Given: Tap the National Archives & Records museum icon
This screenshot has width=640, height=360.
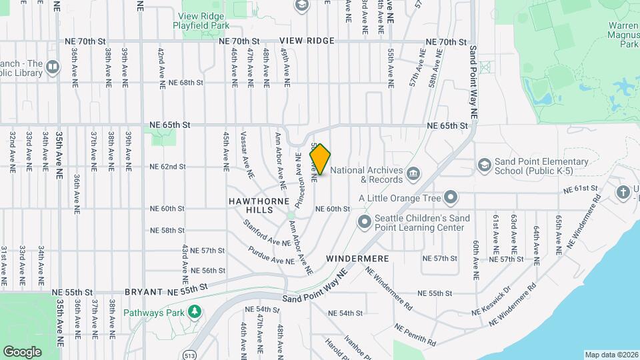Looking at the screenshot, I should click(x=413, y=174).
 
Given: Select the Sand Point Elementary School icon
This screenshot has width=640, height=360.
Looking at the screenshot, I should click(x=484, y=165).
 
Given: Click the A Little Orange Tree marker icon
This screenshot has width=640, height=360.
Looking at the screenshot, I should click(x=451, y=197).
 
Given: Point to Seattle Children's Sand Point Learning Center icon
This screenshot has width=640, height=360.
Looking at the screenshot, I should click(x=365, y=221).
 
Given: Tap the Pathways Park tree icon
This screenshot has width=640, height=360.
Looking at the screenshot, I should click(x=195, y=311).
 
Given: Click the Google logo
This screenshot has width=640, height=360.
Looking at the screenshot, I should click(x=22, y=351).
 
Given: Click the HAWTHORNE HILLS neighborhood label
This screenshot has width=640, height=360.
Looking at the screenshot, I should click(x=251, y=205).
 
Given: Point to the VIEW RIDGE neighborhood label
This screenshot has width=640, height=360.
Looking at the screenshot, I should click(x=307, y=41).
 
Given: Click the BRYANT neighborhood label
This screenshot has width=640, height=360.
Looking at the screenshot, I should click(x=143, y=292).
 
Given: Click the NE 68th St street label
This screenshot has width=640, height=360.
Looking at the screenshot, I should click(x=185, y=83).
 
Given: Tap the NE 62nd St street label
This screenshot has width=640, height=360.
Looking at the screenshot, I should click(x=167, y=167).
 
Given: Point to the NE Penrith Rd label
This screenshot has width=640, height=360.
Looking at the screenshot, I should click(x=415, y=335).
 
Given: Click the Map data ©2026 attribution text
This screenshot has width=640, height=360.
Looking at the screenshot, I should click(x=610, y=354).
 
